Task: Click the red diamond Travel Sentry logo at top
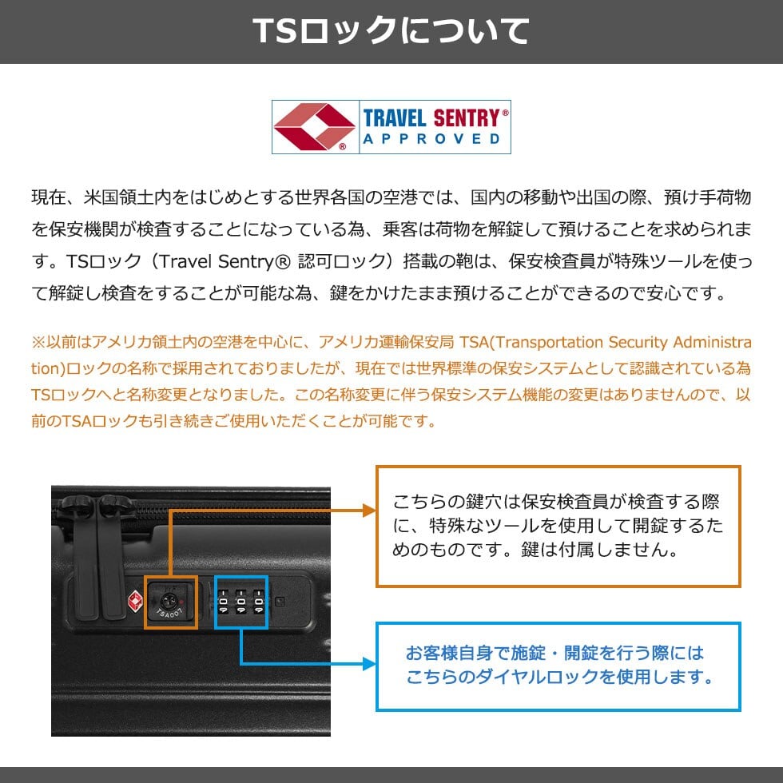click(x=314, y=127)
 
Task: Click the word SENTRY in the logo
click(x=467, y=118)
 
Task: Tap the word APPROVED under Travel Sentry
click(x=431, y=139)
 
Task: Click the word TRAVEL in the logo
click(x=395, y=118)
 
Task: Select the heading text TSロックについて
click(x=391, y=30)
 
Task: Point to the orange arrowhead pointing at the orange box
click(x=369, y=510)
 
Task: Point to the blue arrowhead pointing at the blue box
click(x=369, y=664)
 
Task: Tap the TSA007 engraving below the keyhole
click(x=169, y=614)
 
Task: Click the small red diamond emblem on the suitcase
click(x=134, y=600)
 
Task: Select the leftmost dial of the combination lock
click(x=223, y=602)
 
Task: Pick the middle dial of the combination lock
click(x=240, y=602)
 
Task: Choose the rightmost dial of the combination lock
click(x=258, y=602)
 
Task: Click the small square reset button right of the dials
click(x=280, y=601)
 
